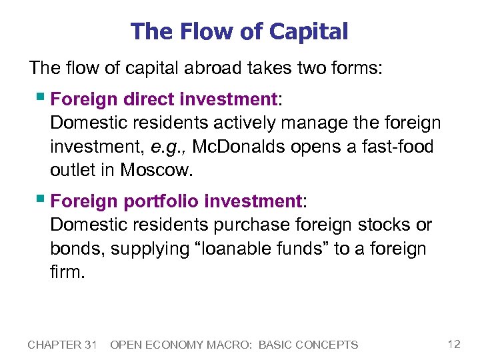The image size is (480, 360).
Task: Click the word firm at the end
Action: click(67, 272)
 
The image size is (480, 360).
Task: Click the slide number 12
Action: click(454, 344)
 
